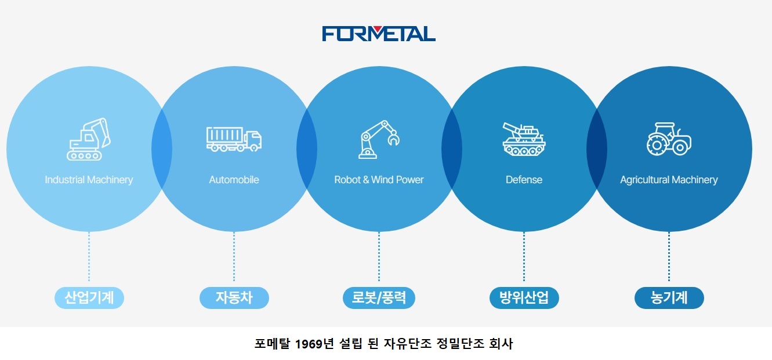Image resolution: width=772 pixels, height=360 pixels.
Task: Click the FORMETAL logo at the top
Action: point(379,34)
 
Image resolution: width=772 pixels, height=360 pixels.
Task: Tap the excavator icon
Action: point(88,140)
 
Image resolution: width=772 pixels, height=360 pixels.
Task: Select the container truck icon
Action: point(234,140)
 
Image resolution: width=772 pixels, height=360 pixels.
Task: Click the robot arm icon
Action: point(379,140)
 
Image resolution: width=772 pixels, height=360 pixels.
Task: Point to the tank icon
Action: point(524,140)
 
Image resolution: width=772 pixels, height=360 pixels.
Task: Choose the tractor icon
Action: point(669,139)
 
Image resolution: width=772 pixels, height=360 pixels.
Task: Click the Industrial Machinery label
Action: point(89,180)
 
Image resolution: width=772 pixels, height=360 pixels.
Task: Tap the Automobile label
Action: point(234,180)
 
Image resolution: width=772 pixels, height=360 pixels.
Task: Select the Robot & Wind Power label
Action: point(379,180)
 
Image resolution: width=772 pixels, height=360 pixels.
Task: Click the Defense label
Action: point(524,180)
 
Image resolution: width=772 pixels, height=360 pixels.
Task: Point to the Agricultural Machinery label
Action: point(669,180)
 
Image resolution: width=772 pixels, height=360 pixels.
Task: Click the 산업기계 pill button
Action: point(89,298)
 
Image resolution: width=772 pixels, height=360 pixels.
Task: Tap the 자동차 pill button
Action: point(234,298)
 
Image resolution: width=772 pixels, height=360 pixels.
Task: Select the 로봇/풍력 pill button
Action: point(379,298)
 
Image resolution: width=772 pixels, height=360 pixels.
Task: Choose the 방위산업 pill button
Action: point(524,298)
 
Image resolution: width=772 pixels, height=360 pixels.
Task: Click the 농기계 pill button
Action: point(669,298)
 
